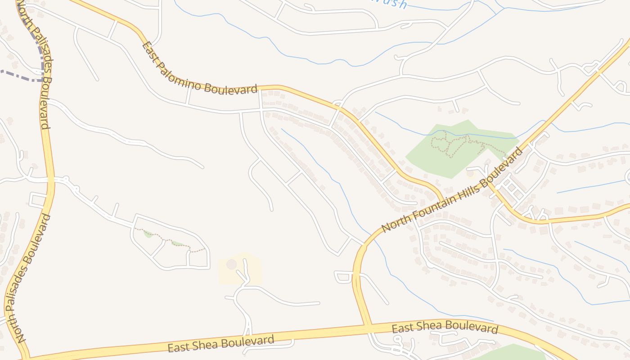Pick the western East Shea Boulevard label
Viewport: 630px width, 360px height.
pos(220,343)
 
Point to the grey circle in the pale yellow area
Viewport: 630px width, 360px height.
pos(231,264)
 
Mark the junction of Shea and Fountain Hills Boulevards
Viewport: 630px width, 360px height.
pos(366,326)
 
